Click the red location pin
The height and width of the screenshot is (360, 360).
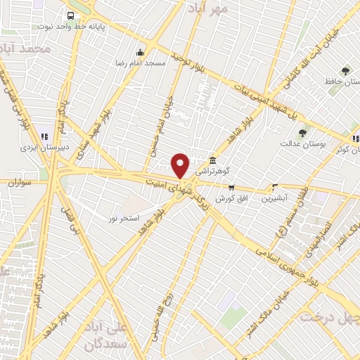[x=181, y=165]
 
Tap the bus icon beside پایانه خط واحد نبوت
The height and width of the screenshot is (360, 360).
[x=70, y=15]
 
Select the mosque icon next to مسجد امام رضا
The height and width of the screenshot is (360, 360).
[x=140, y=52]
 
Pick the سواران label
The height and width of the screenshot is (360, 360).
[x=22, y=182]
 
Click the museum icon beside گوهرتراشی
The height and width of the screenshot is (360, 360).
[x=212, y=160]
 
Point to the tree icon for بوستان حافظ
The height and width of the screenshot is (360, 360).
[x=345, y=71]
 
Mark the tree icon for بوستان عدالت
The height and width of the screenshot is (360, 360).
[x=303, y=133]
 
